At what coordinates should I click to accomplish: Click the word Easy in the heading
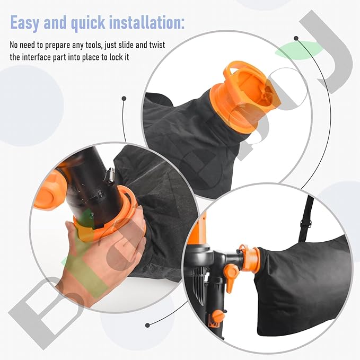point(27,23)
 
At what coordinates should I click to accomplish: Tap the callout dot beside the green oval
point(296,38)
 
